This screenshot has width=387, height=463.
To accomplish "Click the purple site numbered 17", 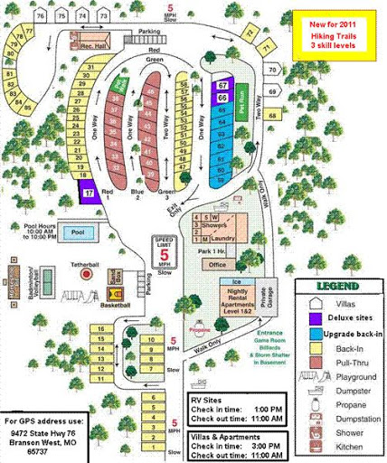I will tap(89, 193).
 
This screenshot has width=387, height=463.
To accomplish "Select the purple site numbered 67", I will tap(222, 85).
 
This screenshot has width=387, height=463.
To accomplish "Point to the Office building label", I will tap(216, 265).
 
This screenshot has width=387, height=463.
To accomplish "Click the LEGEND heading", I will tap(338, 288).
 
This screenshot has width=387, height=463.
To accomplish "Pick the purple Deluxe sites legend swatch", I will tap(313, 318).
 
